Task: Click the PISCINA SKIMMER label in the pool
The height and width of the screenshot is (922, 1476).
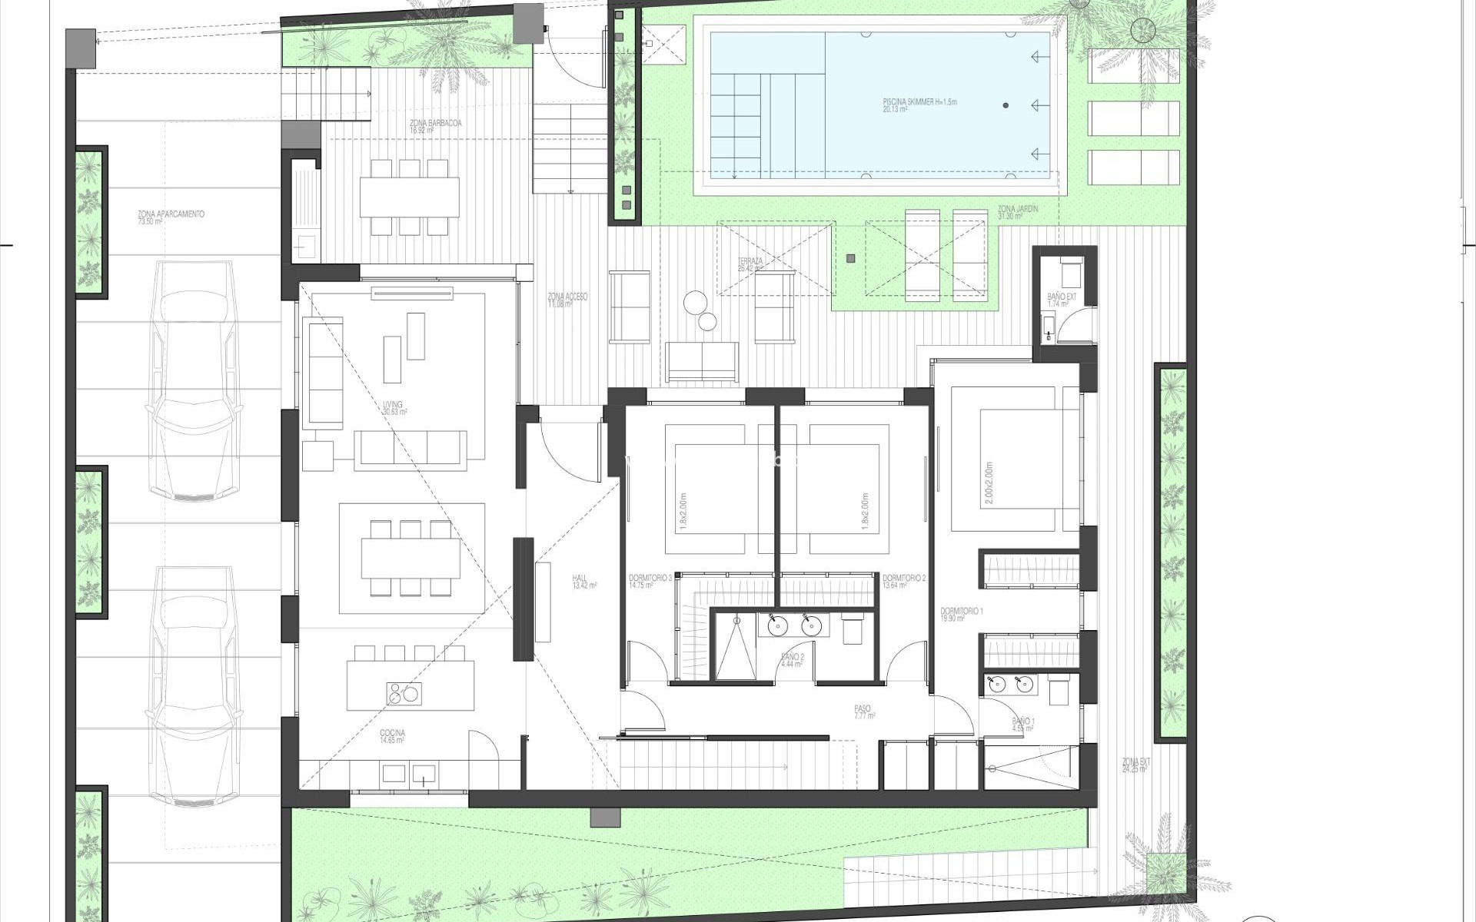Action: (x=919, y=102)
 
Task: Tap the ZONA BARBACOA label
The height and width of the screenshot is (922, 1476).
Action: (x=436, y=124)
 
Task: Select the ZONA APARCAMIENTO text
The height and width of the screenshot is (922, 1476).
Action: (x=171, y=215)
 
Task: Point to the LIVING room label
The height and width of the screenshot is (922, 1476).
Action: (x=393, y=406)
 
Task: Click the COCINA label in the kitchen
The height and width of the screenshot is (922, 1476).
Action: (x=392, y=734)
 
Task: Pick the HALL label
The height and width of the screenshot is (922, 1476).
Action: (x=580, y=579)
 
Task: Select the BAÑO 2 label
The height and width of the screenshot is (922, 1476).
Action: (x=793, y=658)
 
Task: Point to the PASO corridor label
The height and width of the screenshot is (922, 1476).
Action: (x=862, y=709)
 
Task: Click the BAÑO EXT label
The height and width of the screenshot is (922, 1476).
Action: (x=1062, y=297)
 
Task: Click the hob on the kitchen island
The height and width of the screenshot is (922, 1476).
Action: (x=404, y=695)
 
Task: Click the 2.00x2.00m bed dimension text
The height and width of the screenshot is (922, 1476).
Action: (x=988, y=483)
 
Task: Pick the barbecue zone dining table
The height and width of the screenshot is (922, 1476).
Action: (x=409, y=197)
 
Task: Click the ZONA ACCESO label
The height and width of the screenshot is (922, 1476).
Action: (x=567, y=297)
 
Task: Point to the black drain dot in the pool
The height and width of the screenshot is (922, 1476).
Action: (x=1006, y=105)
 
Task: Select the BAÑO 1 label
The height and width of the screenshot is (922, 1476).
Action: (x=1023, y=722)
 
